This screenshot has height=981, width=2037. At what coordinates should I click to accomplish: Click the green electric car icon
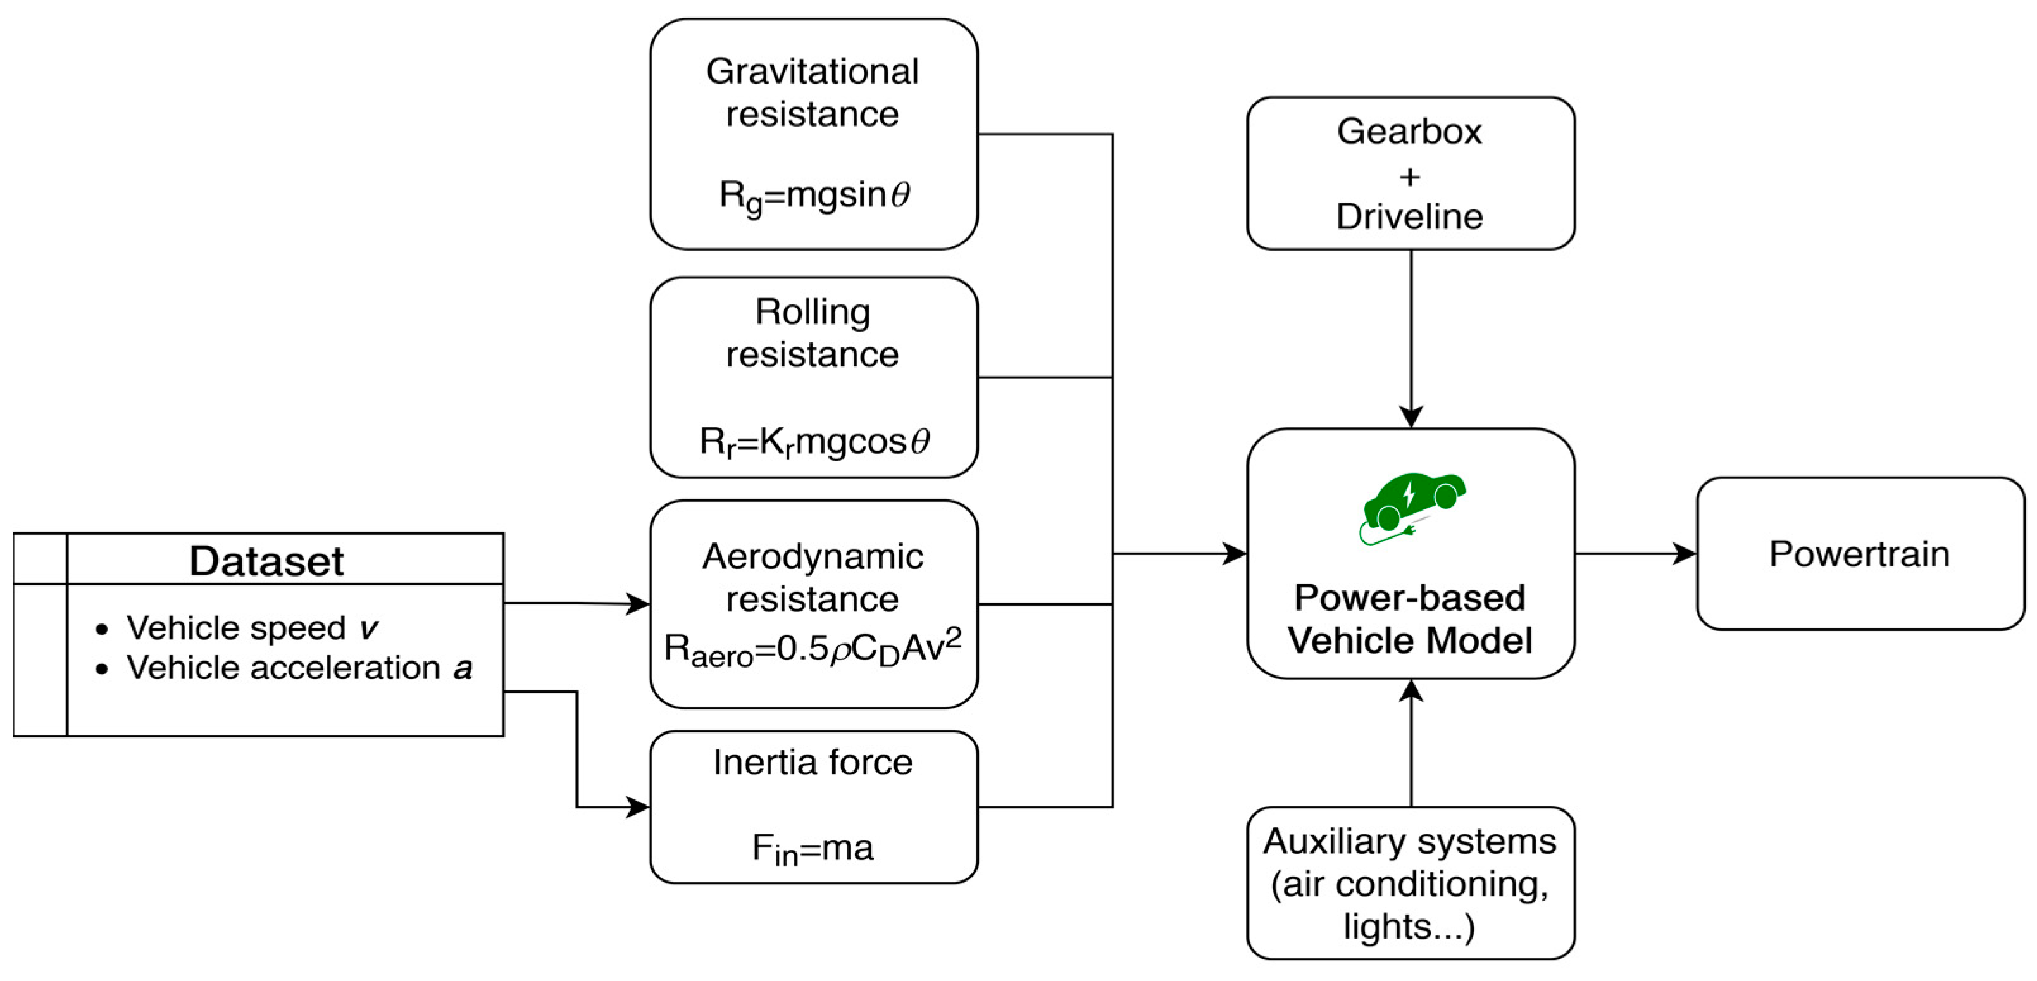click(x=1412, y=506)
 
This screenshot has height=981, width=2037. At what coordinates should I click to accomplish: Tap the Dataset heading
click(x=266, y=561)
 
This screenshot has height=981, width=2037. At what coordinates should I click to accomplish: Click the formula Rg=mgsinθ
click(x=814, y=196)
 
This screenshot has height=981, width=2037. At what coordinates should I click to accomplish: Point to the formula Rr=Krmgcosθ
click(x=814, y=442)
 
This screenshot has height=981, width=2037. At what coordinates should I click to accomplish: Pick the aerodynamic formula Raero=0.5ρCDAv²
click(x=813, y=648)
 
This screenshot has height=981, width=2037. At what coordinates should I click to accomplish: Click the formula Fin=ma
click(x=813, y=848)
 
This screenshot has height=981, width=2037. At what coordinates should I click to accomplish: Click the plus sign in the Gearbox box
click(x=1410, y=176)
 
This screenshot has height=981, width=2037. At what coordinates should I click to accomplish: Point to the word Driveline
click(x=1410, y=216)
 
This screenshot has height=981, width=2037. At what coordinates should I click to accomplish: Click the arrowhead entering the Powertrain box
click(x=1685, y=553)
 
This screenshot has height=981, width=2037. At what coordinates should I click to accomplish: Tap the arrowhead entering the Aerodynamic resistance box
click(x=637, y=604)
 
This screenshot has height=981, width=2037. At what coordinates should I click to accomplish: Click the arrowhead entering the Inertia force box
click(x=637, y=807)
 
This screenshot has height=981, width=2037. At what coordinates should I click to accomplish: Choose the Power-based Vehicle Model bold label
click(x=1410, y=619)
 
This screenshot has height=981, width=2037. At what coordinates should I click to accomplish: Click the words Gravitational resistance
click(x=813, y=92)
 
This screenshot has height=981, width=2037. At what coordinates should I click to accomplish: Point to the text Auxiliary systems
click(x=1410, y=841)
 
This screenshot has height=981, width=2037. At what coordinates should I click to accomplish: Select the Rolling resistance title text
click(x=813, y=333)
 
